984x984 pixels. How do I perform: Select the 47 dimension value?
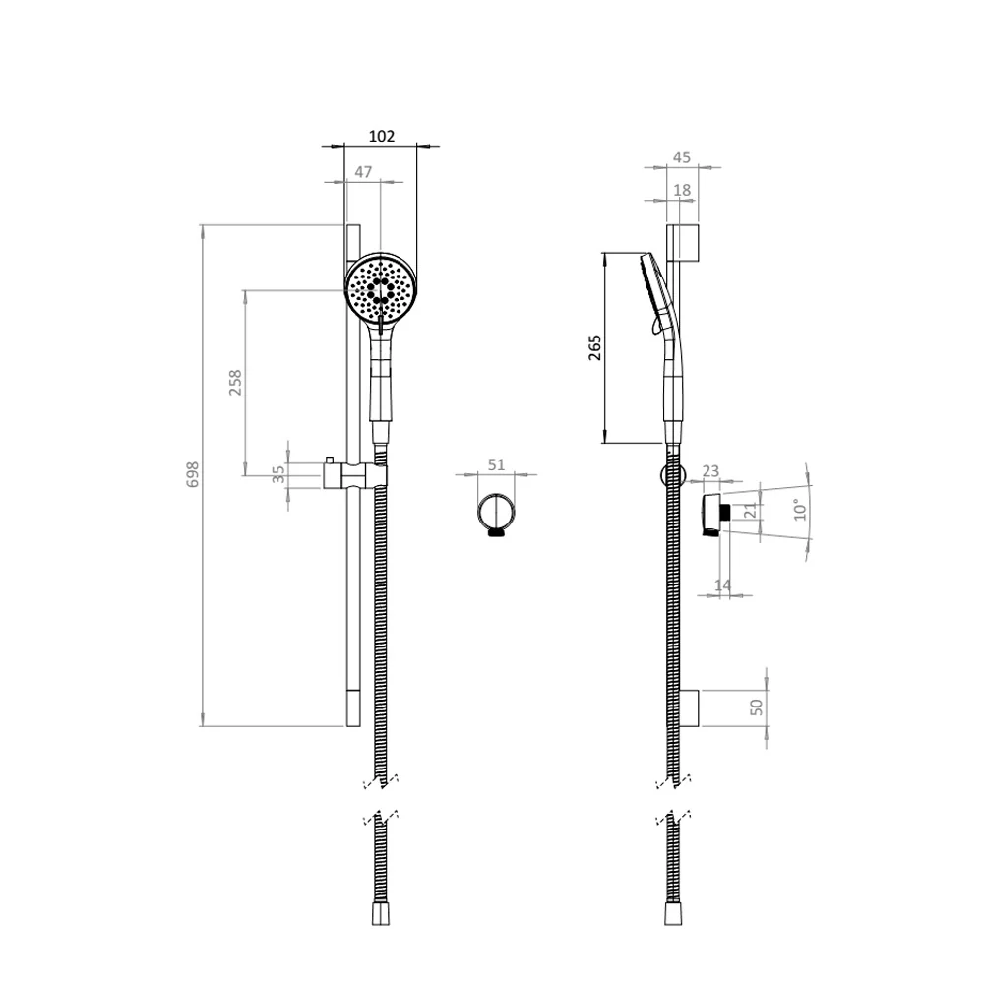[363, 172]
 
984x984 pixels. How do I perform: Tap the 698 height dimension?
[193, 474]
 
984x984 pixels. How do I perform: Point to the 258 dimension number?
[235, 383]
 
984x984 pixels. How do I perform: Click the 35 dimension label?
[278, 473]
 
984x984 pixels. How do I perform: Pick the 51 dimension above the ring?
[496, 465]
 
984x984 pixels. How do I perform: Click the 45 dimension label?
[682, 157]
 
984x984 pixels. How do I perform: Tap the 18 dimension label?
[682, 190]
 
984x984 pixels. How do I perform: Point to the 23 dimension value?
[711, 472]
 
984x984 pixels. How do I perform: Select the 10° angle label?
[800, 509]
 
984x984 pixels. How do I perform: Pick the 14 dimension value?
[722, 585]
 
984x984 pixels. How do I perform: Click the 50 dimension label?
[757, 707]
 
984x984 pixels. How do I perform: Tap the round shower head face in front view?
[382, 288]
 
